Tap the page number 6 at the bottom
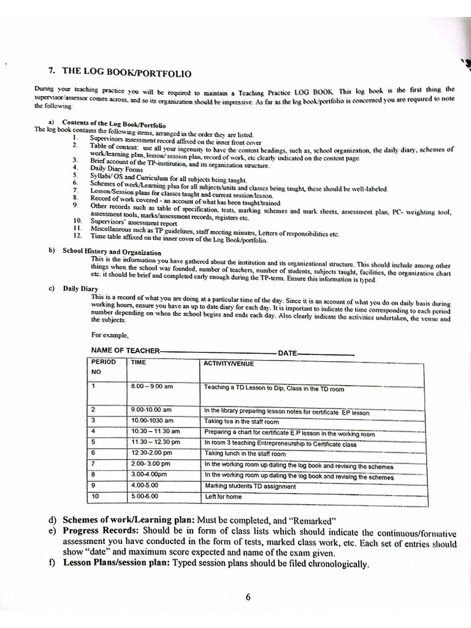248,598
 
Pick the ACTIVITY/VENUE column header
228,364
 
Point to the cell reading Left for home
223,497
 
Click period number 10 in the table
95,496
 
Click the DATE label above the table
288,353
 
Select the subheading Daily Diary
80,288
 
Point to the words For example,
110,335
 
